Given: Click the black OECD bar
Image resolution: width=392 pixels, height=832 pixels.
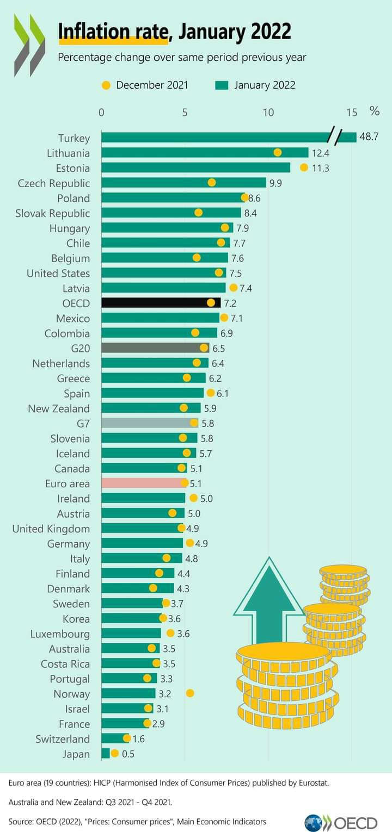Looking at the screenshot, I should [x=161, y=303].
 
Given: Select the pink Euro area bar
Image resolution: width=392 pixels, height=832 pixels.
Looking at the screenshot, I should [x=143, y=483].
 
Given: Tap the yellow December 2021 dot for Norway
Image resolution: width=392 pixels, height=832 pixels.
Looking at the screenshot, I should [x=190, y=693].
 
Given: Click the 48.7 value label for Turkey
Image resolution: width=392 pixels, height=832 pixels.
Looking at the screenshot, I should [x=369, y=137].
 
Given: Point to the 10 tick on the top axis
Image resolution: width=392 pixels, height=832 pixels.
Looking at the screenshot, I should [x=268, y=113].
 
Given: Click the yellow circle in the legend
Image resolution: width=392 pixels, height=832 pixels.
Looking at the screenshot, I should [x=106, y=85].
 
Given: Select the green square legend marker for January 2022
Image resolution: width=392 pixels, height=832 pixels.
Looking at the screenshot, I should [x=221, y=85].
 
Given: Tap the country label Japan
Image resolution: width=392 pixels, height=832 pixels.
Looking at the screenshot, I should [x=76, y=754].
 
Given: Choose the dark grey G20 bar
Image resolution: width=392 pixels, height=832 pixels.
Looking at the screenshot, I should [x=155, y=348].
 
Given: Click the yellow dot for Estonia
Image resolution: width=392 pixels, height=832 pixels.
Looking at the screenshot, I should [x=304, y=167].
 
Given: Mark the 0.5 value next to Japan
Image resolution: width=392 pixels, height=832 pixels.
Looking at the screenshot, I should [x=128, y=754].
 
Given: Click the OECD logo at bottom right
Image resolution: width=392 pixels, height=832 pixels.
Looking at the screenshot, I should [x=341, y=822].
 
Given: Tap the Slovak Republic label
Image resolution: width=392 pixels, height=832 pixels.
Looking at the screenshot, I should [x=52, y=213].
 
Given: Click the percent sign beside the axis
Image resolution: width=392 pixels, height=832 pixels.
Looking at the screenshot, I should [x=375, y=111].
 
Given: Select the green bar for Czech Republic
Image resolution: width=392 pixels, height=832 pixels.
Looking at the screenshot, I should [x=183, y=183].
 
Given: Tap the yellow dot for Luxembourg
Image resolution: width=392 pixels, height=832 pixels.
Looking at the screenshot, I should [x=170, y=633].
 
